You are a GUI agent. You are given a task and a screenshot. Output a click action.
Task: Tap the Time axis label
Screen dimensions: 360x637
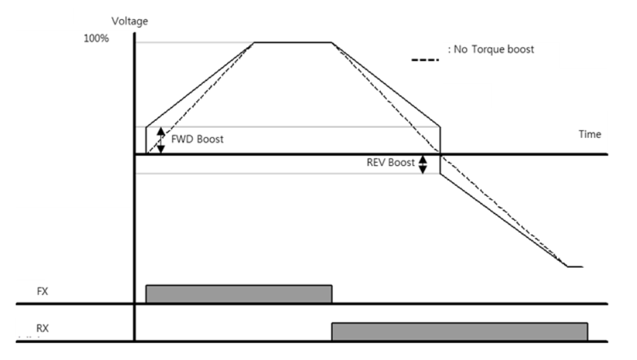(x=590, y=134)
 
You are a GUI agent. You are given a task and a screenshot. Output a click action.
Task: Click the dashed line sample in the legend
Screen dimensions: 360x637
(x=425, y=61)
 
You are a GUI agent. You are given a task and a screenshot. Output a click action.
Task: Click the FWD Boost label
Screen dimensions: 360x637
(x=197, y=139)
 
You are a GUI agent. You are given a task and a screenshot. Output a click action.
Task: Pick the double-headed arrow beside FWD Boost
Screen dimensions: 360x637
(x=161, y=140)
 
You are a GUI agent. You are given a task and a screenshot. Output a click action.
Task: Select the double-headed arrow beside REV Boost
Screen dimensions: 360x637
(x=422, y=164)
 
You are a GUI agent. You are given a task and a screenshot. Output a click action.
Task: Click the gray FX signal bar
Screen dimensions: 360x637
(x=239, y=294)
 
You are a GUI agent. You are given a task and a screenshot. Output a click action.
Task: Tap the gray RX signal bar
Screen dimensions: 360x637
(x=459, y=331)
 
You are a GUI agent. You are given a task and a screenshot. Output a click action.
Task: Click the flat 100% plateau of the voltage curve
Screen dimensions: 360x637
(x=293, y=42)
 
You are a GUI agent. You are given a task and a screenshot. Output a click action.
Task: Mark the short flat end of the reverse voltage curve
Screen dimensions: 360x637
(x=575, y=266)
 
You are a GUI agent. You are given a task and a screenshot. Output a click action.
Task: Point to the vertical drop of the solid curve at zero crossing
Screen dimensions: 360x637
(x=439, y=151)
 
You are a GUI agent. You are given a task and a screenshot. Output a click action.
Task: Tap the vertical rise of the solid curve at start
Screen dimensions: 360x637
(x=146, y=140)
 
